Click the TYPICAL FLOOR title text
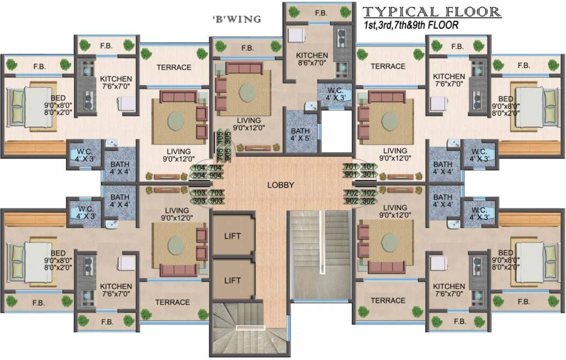(x=432, y=12)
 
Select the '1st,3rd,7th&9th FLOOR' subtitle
(x=411, y=26)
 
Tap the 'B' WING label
(x=236, y=20)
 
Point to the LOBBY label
(x=280, y=185)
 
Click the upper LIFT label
(x=233, y=236)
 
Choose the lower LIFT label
(x=233, y=280)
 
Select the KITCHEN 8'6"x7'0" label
(x=312, y=59)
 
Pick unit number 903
(x=217, y=201)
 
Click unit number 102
(x=369, y=193)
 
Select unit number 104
(x=199, y=167)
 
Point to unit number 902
(x=351, y=201)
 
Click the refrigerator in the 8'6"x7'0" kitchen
(x=296, y=36)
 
